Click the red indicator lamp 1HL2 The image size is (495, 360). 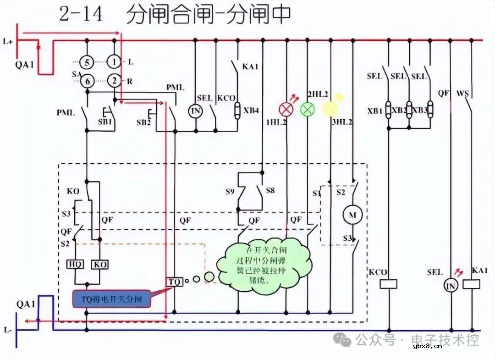tap(286, 109)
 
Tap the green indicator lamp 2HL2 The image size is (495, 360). tap(308, 109)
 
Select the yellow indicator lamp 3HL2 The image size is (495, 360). tap(330, 108)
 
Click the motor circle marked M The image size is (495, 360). tap(353, 215)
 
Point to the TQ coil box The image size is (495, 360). tap(174, 281)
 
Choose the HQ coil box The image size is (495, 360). tap(75, 265)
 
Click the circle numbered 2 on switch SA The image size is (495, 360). tap(114, 81)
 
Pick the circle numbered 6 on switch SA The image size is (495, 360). tap(87, 81)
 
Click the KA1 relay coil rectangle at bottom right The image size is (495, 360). tap(472, 284)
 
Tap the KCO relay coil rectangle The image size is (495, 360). tap(388, 284)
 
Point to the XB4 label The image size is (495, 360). tap(251, 111)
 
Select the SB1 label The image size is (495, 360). tap(104, 122)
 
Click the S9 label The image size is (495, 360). tap(231, 189)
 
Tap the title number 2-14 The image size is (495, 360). tap(81, 14)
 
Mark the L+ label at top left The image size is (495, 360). tap(8, 41)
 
